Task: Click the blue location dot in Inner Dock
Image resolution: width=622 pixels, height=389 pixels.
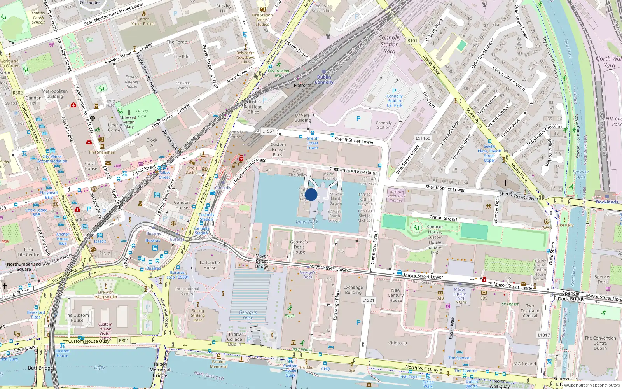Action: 311,194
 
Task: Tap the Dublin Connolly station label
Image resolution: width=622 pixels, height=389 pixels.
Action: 324,80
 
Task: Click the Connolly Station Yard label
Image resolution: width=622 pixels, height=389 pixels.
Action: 390,44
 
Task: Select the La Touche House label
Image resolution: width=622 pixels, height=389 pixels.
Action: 210,265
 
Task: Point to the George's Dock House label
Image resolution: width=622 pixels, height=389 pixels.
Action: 299,247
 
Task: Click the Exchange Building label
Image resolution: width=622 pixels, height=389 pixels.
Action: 353,290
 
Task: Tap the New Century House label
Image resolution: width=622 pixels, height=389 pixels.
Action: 396,295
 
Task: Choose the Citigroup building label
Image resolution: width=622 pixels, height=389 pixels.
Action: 397,343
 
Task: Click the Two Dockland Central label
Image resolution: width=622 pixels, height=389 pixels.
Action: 530,311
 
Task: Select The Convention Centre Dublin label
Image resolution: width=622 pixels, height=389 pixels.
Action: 600,343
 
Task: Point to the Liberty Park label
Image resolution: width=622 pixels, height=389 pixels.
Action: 142,113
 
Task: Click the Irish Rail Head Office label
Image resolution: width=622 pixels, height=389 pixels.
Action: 253,107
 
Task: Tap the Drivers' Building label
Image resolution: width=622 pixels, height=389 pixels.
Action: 302,118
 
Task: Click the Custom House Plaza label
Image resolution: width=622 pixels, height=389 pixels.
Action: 278,150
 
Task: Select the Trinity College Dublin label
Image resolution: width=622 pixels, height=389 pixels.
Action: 234,339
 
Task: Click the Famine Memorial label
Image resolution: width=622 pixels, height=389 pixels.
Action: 219,364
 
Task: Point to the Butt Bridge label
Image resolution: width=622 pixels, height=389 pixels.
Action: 40,368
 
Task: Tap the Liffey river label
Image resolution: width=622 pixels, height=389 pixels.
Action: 100,367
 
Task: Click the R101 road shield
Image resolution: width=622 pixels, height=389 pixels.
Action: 412,40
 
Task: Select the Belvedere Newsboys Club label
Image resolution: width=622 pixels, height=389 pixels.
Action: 245,58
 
